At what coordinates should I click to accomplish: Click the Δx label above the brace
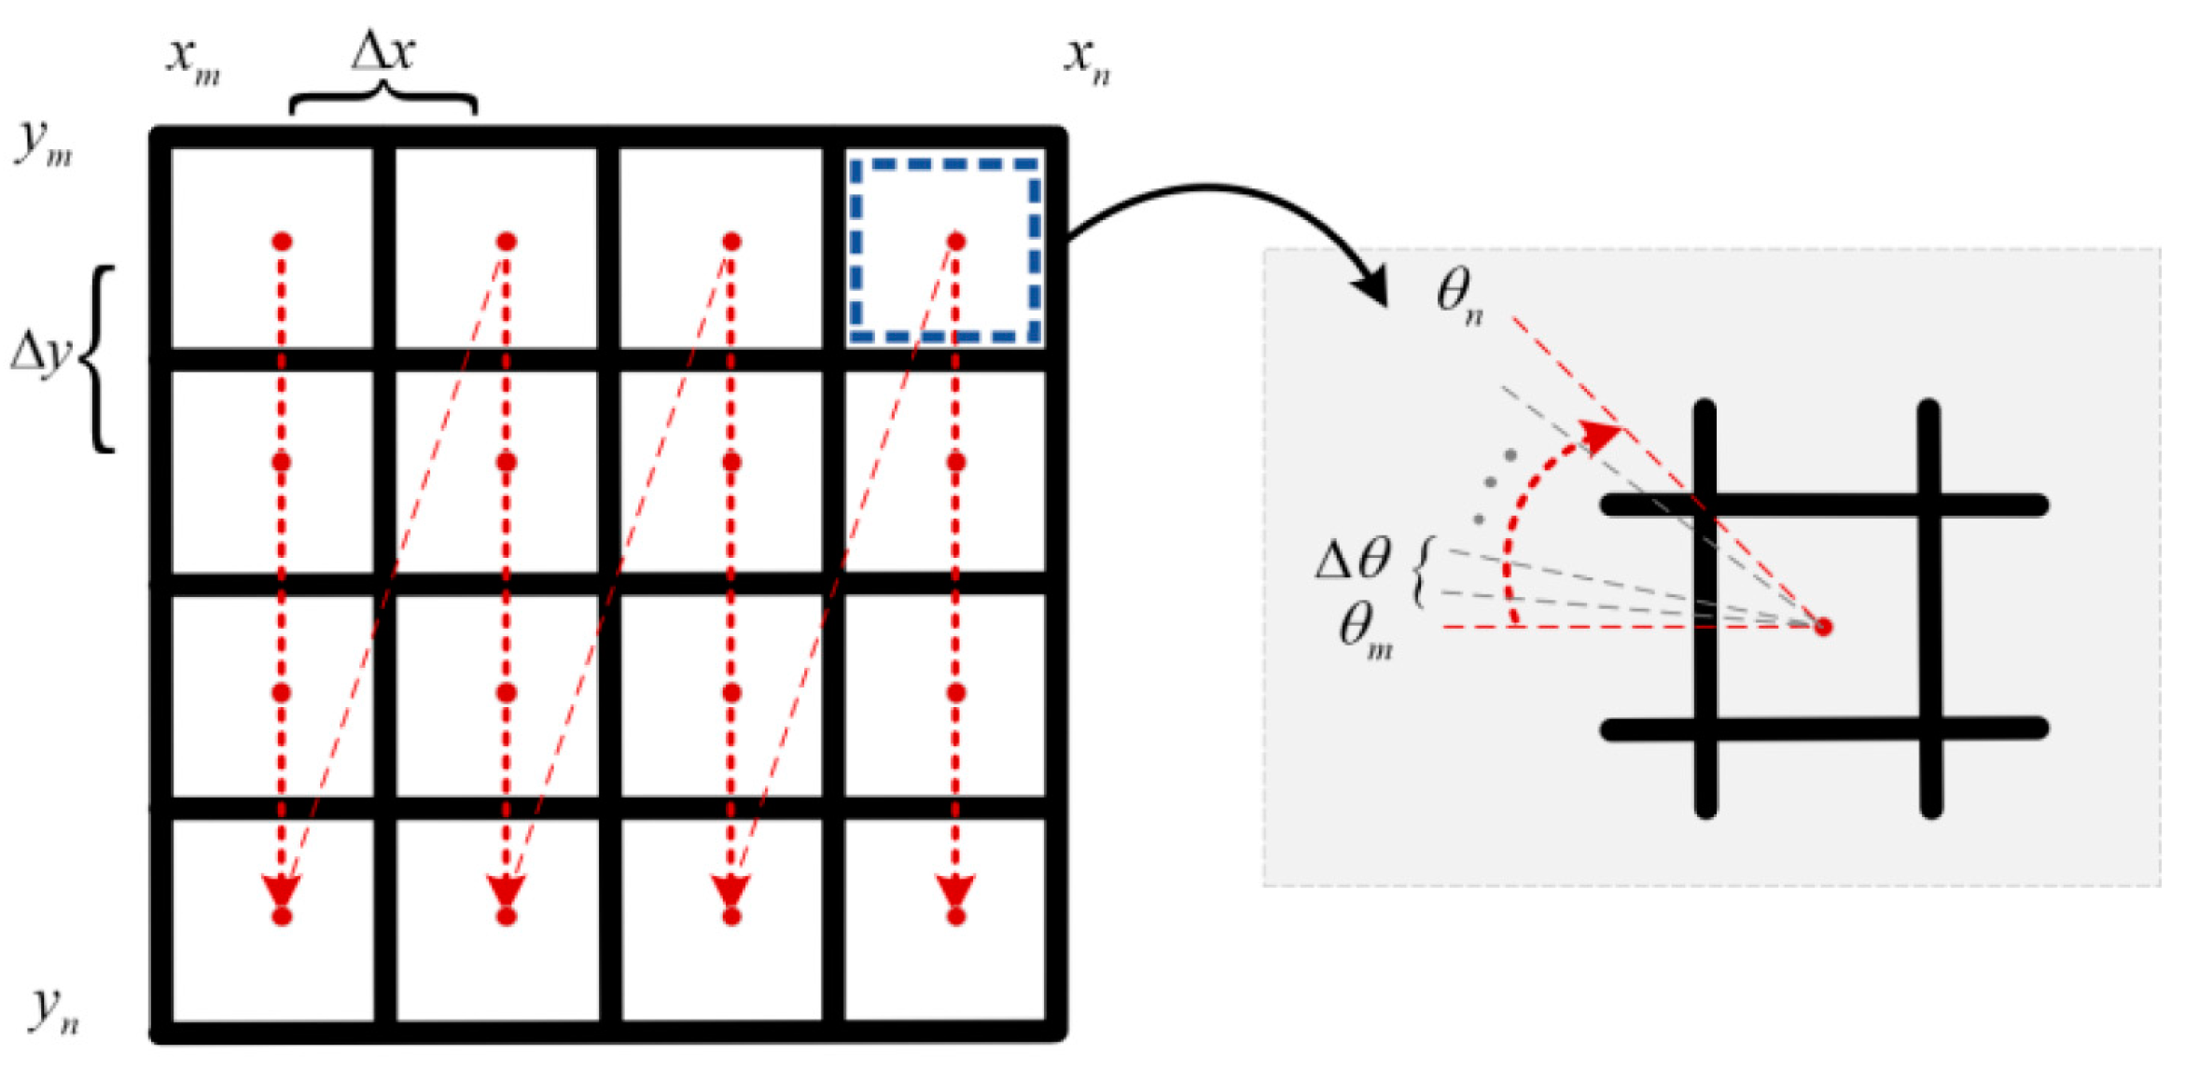click(x=383, y=51)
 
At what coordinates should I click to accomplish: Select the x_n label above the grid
click(x=1088, y=61)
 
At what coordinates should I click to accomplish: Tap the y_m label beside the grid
click(x=43, y=143)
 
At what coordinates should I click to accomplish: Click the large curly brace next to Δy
click(x=99, y=359)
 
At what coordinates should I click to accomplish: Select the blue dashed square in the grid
click(x=945, y=250)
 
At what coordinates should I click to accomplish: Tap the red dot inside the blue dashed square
click(x=955, y=242)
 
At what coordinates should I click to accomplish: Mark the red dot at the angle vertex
click(x=1822, y=627)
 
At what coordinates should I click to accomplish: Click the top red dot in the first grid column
click(x=282, y=242)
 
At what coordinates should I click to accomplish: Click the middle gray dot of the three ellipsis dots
click(x=1491, y=482)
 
